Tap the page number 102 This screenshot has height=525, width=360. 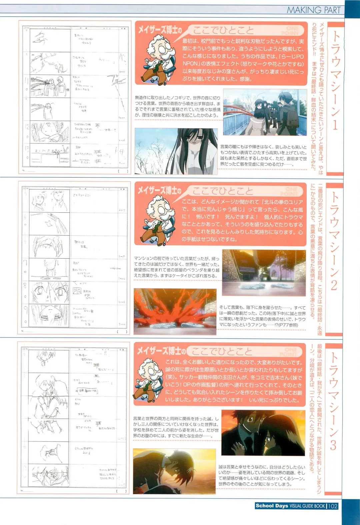pos(333,506)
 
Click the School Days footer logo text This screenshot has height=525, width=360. pos(272,506)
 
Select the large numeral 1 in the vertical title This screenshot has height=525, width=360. pos(334,125)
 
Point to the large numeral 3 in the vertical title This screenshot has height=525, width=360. pos(333,445)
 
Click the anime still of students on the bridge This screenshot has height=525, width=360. pos(265,112)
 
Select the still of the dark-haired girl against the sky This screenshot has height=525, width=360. pos(176,151)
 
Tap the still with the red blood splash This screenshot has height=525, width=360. pos(175,312)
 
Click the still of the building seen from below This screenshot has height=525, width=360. pos(264,273)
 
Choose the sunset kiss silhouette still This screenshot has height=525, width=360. pos(174,471)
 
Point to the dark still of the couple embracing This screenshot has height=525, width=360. pos(263,432)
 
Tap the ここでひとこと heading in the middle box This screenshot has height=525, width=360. pos(223,191)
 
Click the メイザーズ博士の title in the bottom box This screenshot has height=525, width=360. pos(159,351)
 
